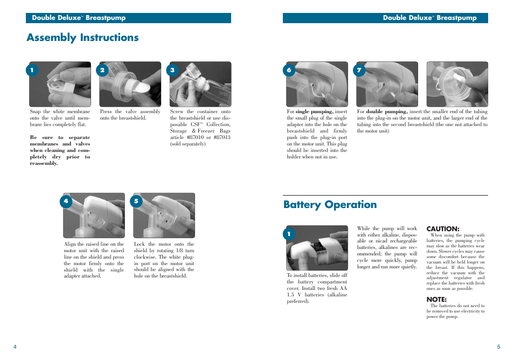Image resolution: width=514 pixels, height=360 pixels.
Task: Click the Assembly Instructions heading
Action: click(x=82, y=37)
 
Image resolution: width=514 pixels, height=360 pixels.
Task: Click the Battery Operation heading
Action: click(x=330, y=204)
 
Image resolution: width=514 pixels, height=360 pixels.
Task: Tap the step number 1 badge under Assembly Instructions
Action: click(x=32, y=70)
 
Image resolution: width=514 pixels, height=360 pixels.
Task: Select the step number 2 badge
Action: click(x=102, y=70)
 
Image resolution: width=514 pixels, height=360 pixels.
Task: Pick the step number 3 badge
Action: click(x=172, y=70)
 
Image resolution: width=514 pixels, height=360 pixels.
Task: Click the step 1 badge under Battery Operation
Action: click(x=289, y=234)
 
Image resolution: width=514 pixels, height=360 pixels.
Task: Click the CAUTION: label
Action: click(x=443, y=229)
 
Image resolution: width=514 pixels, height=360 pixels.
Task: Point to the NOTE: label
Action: click(x=436, y=299)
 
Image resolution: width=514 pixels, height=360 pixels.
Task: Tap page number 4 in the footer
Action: click(x=15, y=347)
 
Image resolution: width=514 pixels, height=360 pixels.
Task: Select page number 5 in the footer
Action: click(x=498, y=347)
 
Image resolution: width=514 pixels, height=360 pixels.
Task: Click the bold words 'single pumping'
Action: click(x=314, y=112)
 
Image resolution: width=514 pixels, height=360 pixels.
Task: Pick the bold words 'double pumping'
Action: click(x=387, y=112)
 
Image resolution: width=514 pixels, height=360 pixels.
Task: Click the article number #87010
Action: click(x=197, y=137)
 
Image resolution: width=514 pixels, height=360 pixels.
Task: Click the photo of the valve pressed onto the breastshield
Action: click(x=130, y=84)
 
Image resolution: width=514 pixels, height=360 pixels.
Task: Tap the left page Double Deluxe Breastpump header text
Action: click(x=79, y=18)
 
